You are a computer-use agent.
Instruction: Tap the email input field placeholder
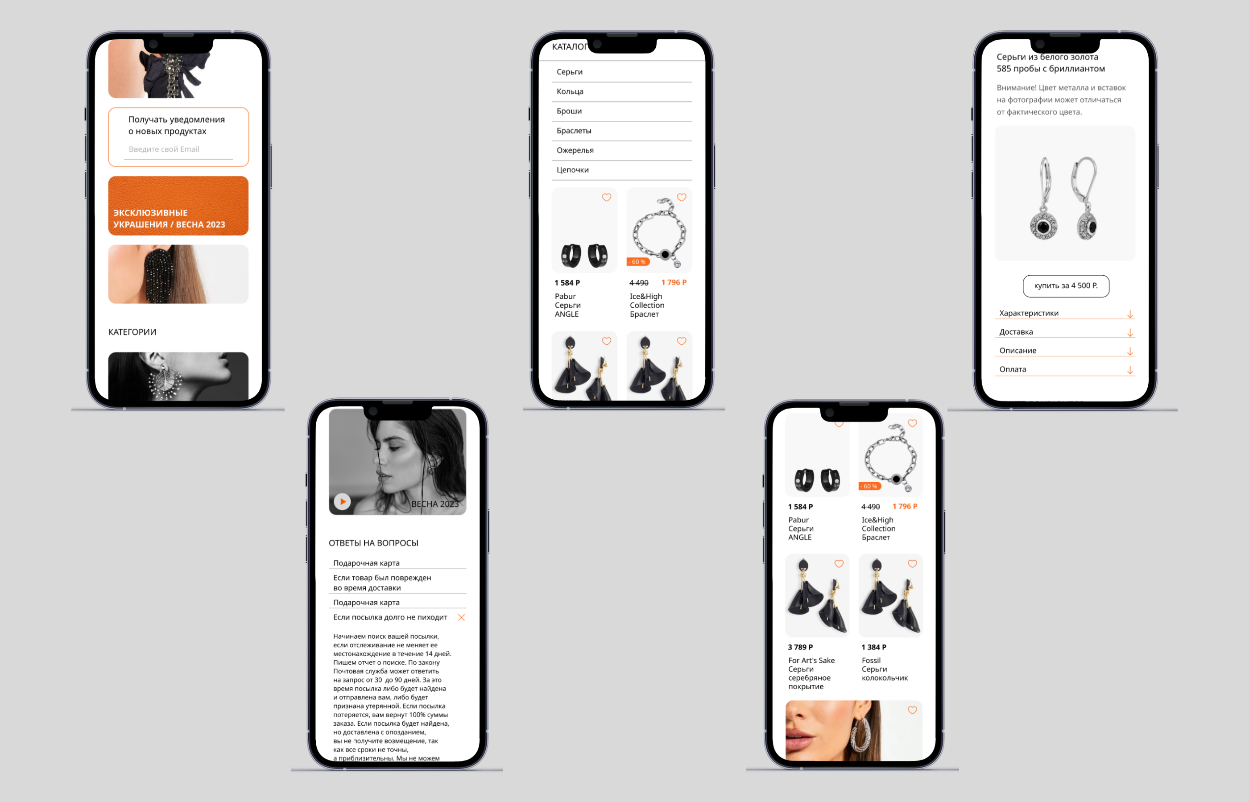(164, 149)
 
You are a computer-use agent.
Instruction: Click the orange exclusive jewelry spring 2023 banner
(178, 206)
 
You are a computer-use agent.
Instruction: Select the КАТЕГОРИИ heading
(132, 332)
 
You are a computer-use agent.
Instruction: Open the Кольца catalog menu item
(570, 91)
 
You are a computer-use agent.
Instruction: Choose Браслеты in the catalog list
(574, 131)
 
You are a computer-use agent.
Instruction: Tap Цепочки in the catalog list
(572, 170)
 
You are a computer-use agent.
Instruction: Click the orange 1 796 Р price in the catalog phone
(674, 282)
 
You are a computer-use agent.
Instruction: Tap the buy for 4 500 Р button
(1066, 286)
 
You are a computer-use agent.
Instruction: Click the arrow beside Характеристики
(1130, 314)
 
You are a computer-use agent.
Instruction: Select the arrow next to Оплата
(1130, 370)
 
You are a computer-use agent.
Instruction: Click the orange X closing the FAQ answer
(461, 618)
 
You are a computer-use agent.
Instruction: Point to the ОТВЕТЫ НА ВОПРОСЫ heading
(373, 543)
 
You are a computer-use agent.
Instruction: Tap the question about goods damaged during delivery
(382, 583)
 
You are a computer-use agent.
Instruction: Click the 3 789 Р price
(800, 647)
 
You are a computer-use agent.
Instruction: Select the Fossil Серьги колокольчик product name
(885, 669)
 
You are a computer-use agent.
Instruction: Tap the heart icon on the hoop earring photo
(912, 711)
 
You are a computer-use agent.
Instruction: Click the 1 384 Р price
(873, 647)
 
